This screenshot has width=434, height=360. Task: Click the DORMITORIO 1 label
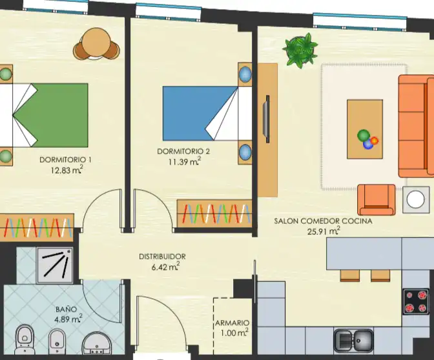point(65,159)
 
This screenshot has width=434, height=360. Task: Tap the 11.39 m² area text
point(185,161)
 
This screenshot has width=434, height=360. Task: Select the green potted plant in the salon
point(300,50)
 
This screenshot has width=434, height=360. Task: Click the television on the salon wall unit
point(267,119)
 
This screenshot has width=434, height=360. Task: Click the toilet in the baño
point(25,339)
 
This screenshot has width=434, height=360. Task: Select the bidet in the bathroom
point(57,341)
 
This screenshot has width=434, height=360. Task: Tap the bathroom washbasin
point(97,343)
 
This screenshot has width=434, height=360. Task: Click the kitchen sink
point(353,341)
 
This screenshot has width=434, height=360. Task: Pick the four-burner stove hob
point(416,301)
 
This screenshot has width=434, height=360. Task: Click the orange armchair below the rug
point(377,199)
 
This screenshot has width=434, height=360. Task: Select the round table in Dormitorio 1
point(96,44)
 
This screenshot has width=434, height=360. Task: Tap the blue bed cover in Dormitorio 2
point(196,114)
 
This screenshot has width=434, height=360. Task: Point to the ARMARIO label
point(232,323)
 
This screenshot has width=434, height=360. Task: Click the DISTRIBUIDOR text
point(162,256)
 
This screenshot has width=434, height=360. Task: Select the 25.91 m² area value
point(324,231)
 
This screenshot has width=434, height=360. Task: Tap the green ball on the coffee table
point(364,135)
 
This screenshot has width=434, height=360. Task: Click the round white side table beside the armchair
point(416,199)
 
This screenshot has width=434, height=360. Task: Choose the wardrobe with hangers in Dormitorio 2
point(214,214)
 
